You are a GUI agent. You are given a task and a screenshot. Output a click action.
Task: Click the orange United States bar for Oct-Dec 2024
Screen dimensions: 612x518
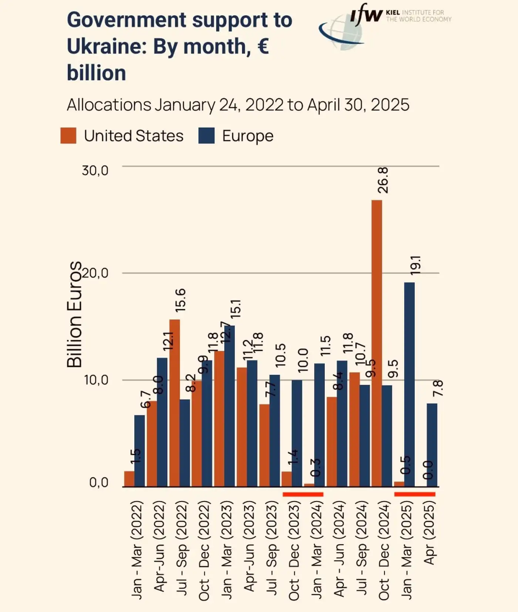[x=377, y=344]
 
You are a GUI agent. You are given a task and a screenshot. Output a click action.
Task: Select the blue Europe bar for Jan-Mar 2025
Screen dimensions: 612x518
[x=409, y=385]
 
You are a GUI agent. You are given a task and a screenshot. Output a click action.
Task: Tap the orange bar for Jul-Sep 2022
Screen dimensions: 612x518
[x=175, y=403]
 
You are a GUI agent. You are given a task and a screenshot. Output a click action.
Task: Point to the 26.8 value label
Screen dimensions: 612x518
[x=383, y=180]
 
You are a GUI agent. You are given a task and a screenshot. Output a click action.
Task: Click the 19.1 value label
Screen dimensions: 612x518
[x=416, y=265]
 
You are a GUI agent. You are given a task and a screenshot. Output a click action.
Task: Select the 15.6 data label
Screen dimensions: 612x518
[x=181, y=300]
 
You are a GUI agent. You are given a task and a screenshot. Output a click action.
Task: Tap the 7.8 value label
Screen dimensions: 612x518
[x=438, y=388]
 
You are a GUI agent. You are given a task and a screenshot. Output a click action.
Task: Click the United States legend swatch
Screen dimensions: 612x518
[x=68, y=136]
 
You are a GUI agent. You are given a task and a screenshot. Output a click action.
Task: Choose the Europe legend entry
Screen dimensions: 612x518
[x=247, y=136]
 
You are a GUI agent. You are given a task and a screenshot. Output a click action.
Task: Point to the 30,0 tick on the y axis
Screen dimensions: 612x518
[x=95, y=170]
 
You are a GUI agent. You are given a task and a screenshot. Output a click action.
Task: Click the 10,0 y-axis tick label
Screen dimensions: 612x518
[x=95, y=380]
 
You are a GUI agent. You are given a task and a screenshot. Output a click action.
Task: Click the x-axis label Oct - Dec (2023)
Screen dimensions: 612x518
[x=294, y=550]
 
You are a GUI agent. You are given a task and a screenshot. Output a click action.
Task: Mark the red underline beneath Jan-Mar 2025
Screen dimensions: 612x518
[x=414, y=494]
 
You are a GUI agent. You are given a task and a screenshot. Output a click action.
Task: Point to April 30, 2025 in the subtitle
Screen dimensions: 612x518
[x=358, y=105]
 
